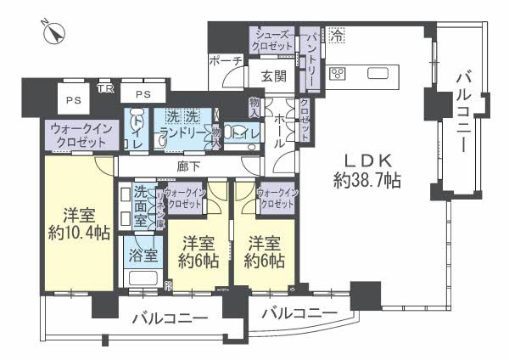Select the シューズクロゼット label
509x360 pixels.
(x=271, y=40)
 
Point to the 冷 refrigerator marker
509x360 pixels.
(x=337, y=37)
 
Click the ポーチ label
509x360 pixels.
(x=226, y=60)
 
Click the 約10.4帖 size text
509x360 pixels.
(x=78, y=234)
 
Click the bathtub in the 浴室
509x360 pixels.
(x=141, y=278)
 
